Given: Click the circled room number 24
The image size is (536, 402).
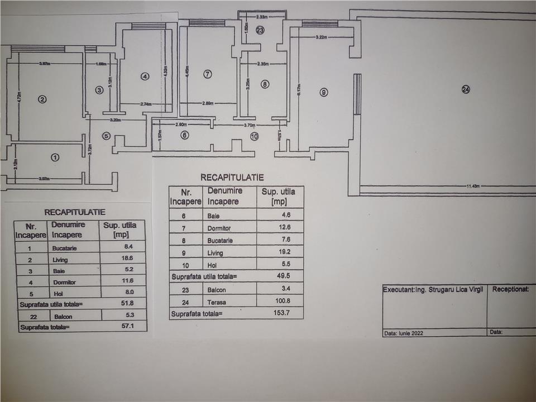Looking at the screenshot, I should click(x=466, y=89).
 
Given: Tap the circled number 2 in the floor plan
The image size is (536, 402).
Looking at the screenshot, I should click(x=41, y=99).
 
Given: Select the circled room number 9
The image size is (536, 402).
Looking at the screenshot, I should click(x=323, y=92).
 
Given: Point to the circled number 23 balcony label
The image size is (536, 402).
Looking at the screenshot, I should click(x=260, y=31).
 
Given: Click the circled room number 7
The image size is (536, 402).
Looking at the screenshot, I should click(x=208, y=74).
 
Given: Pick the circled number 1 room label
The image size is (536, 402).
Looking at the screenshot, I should click(x=55, y=157).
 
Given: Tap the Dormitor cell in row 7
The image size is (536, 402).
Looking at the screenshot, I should click(x=219, y=228).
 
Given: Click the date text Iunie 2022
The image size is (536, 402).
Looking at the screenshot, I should click(x=412, y=333).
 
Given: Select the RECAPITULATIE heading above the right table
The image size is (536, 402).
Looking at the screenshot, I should click(x=232, y=178).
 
